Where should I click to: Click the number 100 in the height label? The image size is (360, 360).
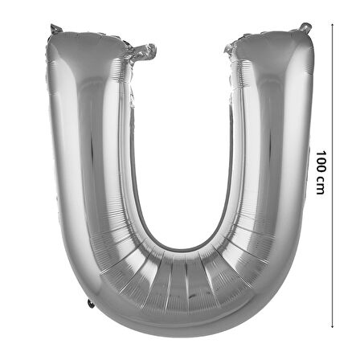click(x=321, y=162)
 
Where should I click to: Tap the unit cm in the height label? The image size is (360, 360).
click(x=321, y=185)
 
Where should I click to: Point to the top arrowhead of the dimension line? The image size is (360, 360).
click(x=332, y=24)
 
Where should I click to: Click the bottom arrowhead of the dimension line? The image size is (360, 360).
click(x=332, y=326)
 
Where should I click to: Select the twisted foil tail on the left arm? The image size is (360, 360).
click(x=142, y=51)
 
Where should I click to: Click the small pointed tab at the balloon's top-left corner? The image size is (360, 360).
click(x=55, y=29)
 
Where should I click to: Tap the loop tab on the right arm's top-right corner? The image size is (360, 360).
click(x=305, y=27)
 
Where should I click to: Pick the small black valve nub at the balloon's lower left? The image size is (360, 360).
click(x=91, y=304)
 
